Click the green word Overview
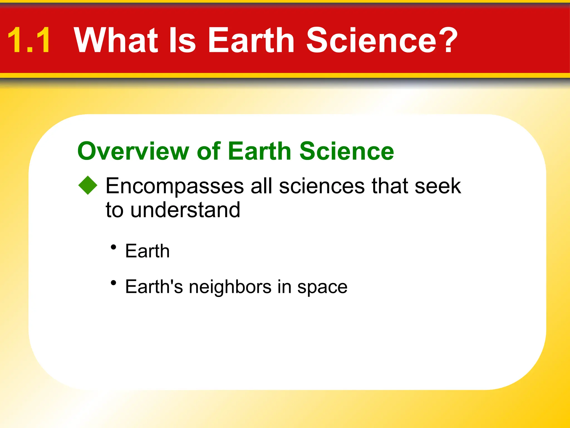tap(133, 151)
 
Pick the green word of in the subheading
tap(209, 151)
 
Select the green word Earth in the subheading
tap(259, 151)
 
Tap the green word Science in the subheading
tap(347, 151)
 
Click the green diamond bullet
tap(88, 185)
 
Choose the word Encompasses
tap(175, 186)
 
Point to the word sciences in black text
tap(322, 186)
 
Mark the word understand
tap(185, 210)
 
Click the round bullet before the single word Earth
tap(113, 247)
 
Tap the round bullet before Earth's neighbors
tap(113, 283)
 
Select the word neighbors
tap(230, 287)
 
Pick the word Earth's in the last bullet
tap(154, 287)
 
